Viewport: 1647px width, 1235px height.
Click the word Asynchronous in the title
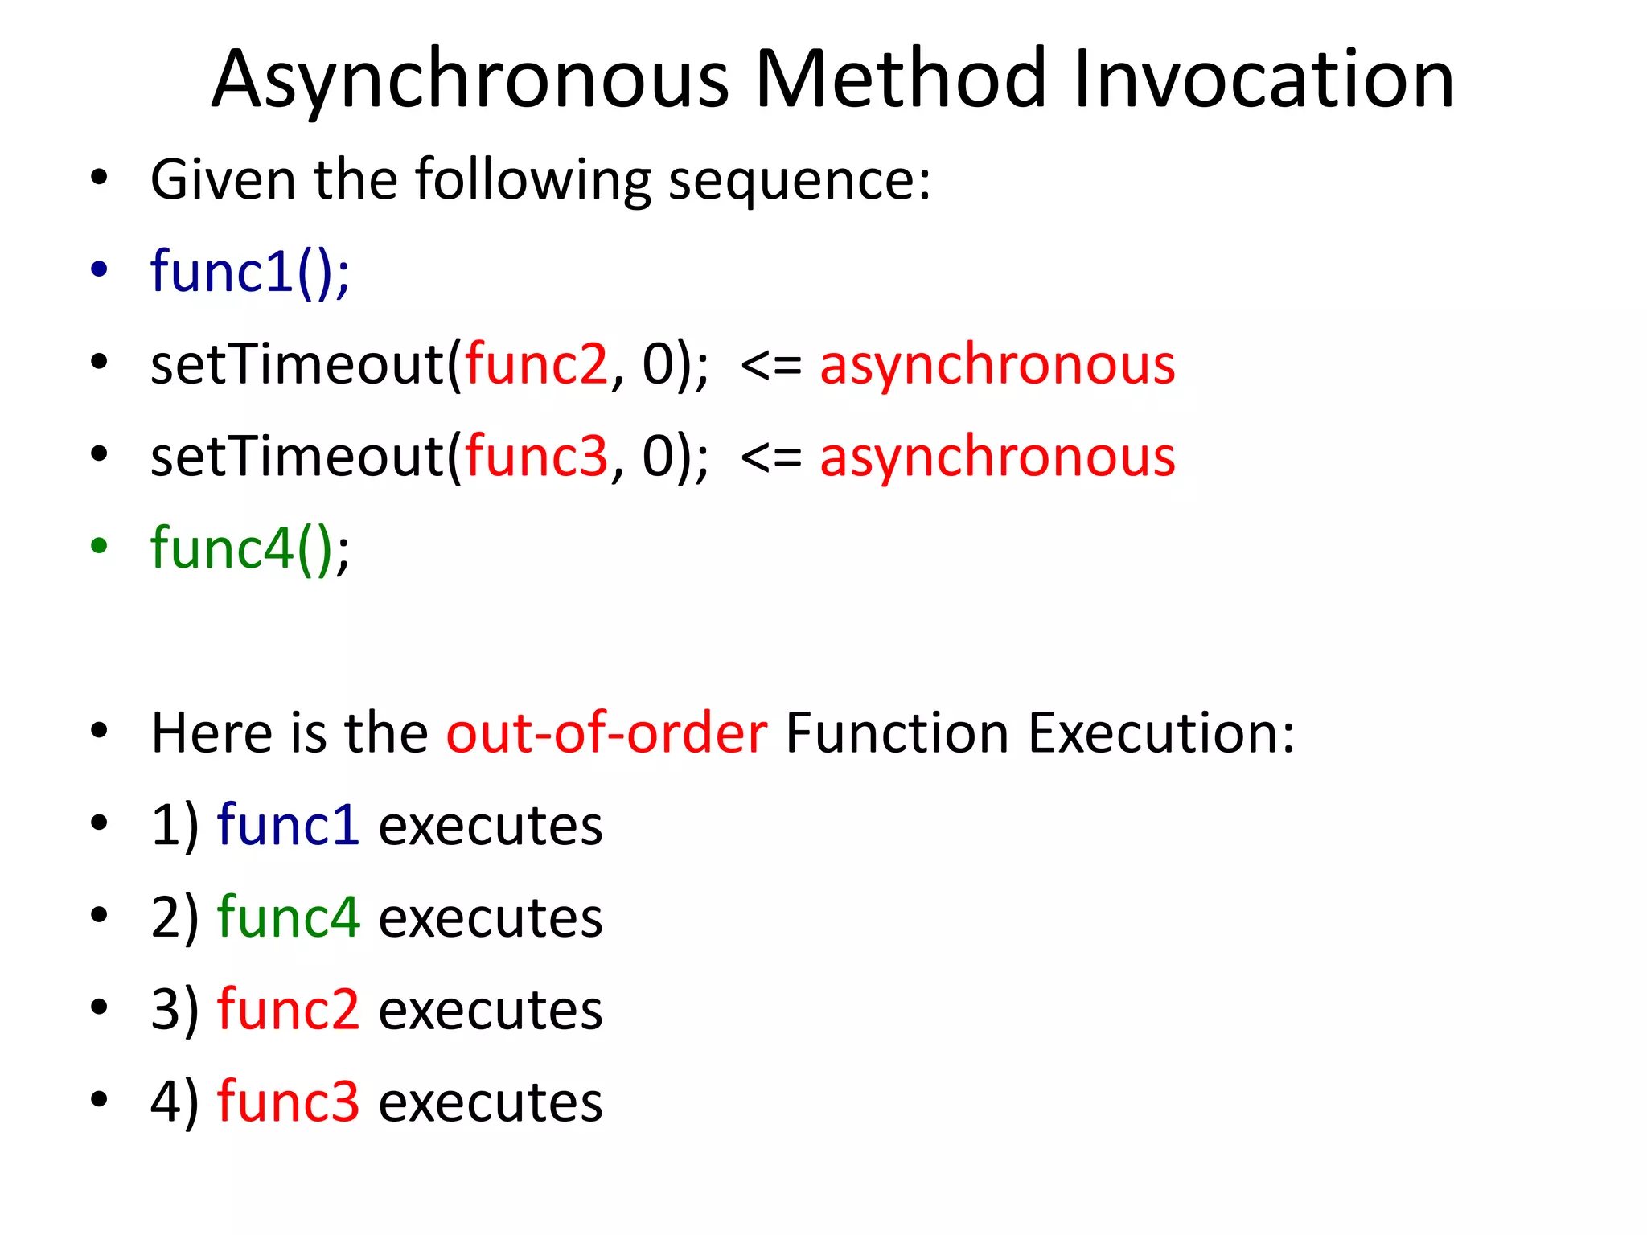470,80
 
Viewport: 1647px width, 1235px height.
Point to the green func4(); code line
250,549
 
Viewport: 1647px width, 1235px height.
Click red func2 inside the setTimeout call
536,364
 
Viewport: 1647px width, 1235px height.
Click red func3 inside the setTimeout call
536,457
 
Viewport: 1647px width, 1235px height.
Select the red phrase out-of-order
607,733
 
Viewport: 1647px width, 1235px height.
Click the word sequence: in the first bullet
799,181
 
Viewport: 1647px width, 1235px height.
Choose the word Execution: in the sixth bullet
1161,733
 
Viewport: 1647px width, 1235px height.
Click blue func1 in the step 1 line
288,826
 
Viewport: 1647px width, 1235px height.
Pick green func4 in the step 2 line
288,917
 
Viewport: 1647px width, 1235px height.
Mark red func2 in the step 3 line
288,1010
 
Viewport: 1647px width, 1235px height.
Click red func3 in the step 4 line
288,1102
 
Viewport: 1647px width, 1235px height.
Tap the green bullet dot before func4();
99,547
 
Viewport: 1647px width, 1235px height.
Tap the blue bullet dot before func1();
99,269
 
